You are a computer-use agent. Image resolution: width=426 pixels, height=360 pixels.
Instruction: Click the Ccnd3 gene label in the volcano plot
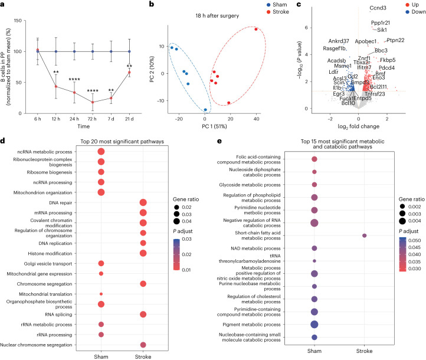[378, 8]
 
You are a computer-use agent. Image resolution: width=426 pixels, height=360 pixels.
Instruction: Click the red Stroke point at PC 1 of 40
[256, 29]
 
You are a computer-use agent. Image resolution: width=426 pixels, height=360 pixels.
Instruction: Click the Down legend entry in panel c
[408, 12]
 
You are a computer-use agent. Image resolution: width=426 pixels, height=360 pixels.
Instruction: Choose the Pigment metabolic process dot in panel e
[314, 324]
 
